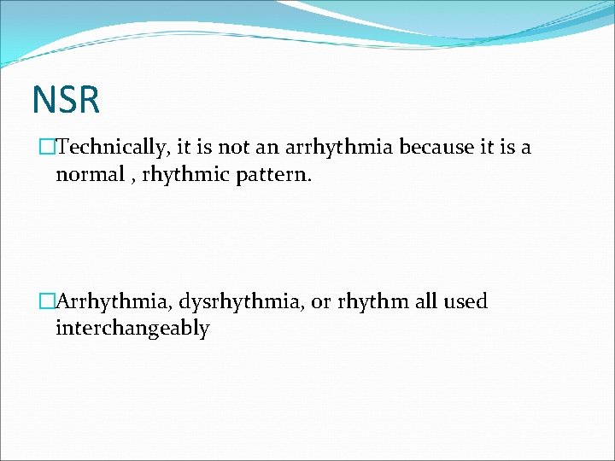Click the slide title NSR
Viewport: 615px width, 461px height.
coord(66,99)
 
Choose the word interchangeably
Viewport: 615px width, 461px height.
coord(132,329)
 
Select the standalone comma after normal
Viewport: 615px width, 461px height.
coord(136,178)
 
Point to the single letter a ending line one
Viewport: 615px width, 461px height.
coord(525,148)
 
